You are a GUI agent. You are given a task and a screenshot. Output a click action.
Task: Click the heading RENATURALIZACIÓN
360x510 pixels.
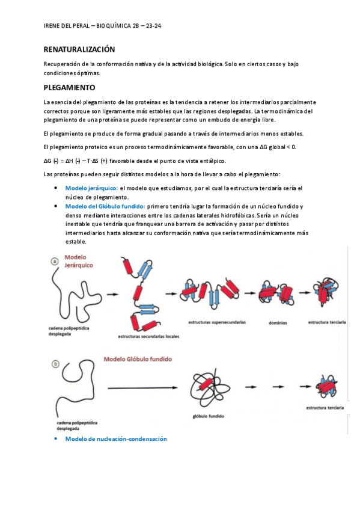[x=79, y=49]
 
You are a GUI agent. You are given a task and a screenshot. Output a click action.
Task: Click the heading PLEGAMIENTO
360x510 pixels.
[x=69, y=87]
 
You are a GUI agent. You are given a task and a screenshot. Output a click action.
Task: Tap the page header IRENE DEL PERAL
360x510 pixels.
[x=66, y=26]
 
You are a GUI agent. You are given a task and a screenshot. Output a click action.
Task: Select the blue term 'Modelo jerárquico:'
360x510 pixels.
[x=91, y=188]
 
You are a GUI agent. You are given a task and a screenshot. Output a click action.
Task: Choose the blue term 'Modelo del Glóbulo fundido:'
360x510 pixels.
[x=105, y=206]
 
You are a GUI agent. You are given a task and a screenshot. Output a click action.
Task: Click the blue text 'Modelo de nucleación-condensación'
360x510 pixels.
[x=116, y=439]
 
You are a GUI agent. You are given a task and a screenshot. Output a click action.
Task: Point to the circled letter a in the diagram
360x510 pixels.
[x=55, y=261]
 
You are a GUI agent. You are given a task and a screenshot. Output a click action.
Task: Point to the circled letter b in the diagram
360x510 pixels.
[x=55, y=364]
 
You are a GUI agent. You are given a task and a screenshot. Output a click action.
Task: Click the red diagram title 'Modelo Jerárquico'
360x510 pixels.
[x=78, y=261]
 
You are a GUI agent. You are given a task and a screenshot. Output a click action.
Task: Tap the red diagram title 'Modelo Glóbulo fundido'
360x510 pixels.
[x=138, y=359]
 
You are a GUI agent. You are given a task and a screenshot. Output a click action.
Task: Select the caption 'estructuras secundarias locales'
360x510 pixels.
[x=148, y=336]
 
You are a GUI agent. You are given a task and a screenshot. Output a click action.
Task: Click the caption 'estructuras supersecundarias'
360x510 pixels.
[x=217, y=322]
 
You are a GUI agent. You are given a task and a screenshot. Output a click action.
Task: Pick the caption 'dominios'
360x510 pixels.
[x=278, y=323]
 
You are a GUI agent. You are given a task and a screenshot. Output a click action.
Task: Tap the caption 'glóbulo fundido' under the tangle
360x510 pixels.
[x=209, y=416]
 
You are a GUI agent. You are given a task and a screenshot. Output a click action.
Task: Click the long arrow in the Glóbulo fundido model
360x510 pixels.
[x=142, y=388]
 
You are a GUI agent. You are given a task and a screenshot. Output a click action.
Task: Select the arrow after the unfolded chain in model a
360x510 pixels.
[x=112, y=294]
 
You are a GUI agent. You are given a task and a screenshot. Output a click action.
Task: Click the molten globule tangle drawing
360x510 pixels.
[x=210, y=388]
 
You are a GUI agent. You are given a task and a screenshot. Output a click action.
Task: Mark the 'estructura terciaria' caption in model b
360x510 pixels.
[x=325, y=408]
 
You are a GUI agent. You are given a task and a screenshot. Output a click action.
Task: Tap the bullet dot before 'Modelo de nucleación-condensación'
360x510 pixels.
[x=56, y=439]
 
